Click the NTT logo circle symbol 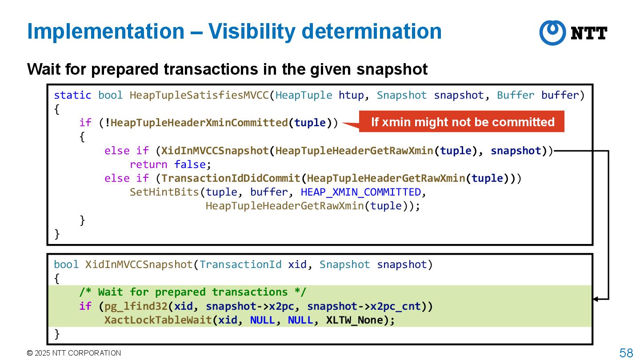552,32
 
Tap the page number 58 626,353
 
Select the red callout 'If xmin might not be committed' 462,122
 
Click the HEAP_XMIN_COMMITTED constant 360,192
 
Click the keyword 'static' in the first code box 72,95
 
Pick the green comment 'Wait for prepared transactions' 192,292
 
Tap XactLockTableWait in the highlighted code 158,320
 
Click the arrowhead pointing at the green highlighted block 596,299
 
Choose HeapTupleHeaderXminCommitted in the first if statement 199,123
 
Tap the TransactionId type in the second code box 240,264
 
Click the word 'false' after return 190,164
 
